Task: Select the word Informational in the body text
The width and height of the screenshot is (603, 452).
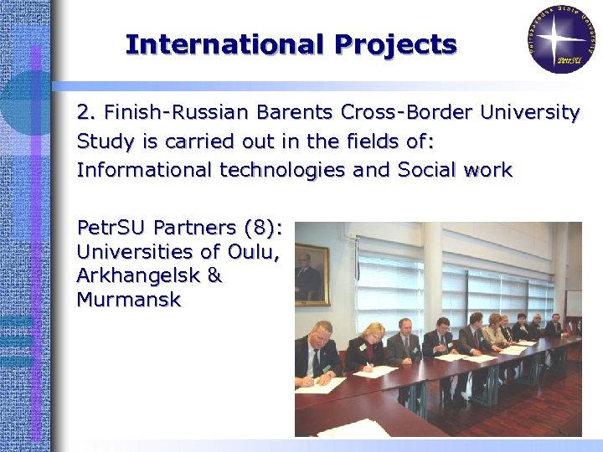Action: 145,170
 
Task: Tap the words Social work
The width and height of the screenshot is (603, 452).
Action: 454,170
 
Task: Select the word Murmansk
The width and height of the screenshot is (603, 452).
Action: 128,299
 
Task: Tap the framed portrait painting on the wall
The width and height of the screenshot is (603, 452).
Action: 312,274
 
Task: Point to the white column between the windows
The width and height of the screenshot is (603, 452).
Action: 432,276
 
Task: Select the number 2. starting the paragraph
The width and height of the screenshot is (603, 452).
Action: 85,112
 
